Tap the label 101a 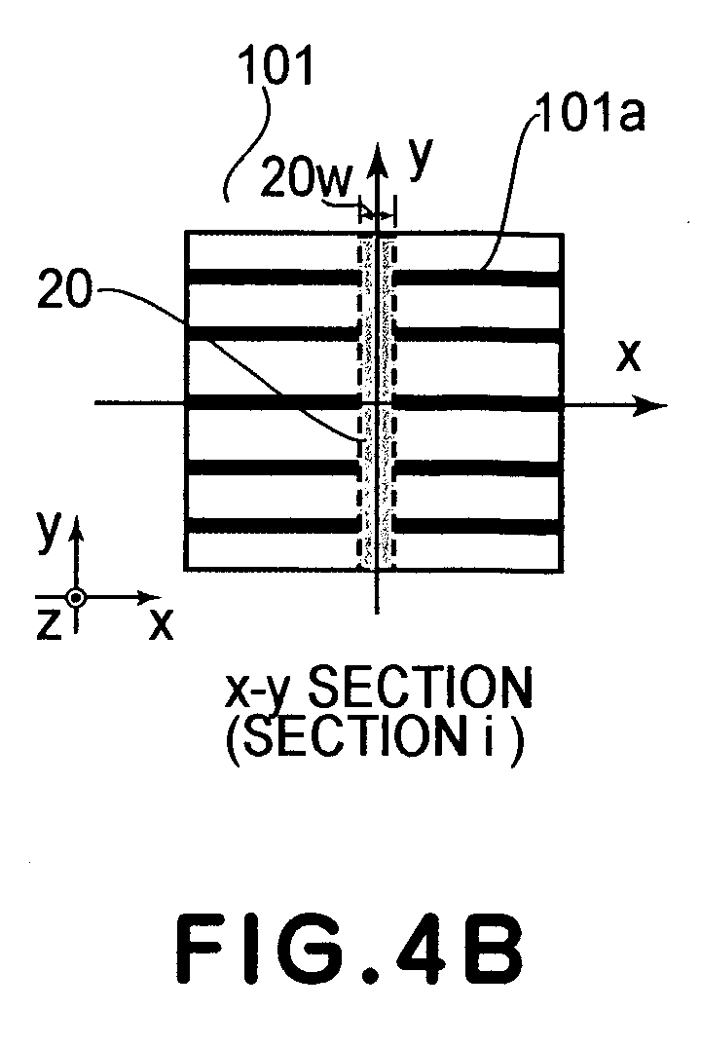click(x=589, y=114)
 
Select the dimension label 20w click(x=306, y=179)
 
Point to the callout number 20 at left click(x=64, y=291)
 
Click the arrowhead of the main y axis click(x=379, y=161)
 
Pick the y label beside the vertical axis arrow click(x=421, y=158)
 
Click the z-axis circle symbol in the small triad click(x=77, y=597)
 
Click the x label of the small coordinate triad click(x=161, y=625)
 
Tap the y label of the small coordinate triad click(x=48, y=531)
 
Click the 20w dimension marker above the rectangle click(x=377, y=214)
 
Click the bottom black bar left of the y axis click(x=273, y=526)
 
